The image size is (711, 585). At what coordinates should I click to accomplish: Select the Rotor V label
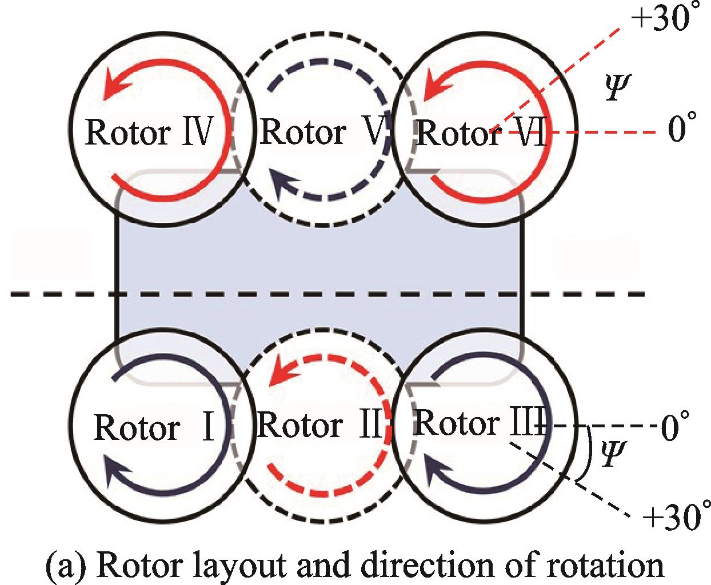pos(323,133)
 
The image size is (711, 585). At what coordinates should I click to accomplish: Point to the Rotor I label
pos(153,428)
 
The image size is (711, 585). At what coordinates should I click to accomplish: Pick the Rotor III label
pos(478,423)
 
